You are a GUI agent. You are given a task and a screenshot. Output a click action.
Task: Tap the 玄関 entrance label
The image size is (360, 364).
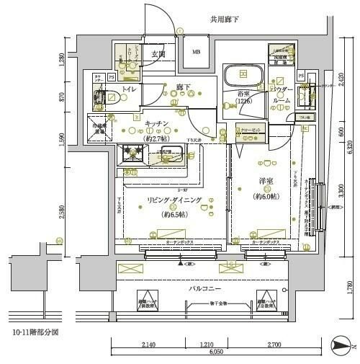(x=158, y=53)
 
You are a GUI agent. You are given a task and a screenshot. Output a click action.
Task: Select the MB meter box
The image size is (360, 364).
(x=196, y=52)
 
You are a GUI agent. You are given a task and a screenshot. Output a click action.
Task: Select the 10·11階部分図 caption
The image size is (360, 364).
(x=35, y=334)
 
